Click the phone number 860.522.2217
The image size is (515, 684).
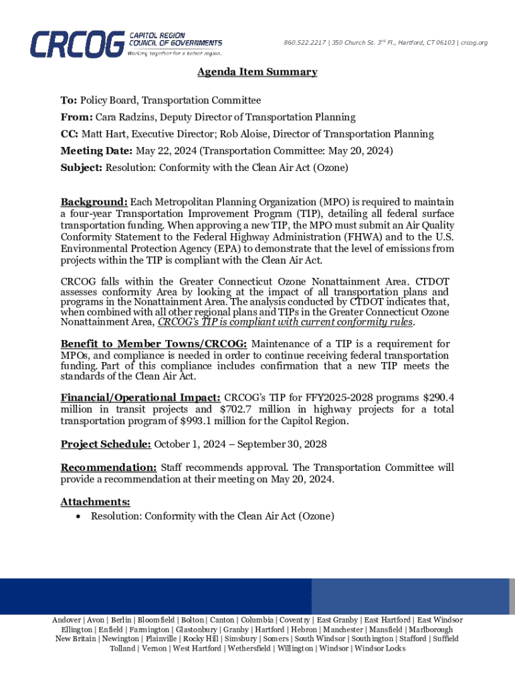[x=305, y=43]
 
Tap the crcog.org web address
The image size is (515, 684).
[x=474, y=43]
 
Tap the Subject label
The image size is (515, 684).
[x=82, y=168]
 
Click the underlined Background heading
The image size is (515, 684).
[x=94, y=202]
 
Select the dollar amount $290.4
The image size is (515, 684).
[x=435, y=396]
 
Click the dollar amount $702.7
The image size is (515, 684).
[x=237, y=409]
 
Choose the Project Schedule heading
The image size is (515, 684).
[x=105, y=444]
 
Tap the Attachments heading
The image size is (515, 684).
[x=95, y=502]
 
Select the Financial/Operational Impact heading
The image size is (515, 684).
[x=140, y=396]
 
